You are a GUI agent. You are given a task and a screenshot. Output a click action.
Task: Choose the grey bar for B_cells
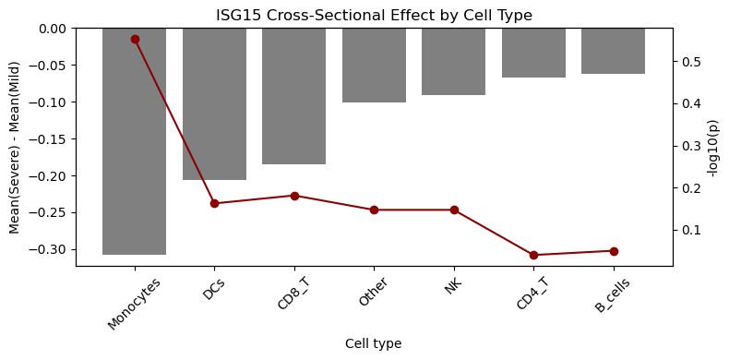coord(614,51)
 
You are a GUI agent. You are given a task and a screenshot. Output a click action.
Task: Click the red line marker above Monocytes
coord(135,40)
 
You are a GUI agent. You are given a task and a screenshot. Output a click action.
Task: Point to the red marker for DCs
coord(214,203)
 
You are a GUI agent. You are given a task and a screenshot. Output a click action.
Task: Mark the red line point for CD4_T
coord(533,255)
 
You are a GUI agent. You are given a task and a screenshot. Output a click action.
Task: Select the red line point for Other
coord(374,210)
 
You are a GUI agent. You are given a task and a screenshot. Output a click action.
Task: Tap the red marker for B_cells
coord(614,251)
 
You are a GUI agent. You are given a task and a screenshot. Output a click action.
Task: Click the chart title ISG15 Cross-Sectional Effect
coord(374,16)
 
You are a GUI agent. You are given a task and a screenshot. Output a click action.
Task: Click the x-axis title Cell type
coord(374,343)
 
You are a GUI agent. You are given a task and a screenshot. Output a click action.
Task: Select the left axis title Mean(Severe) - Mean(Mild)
coord(15,147)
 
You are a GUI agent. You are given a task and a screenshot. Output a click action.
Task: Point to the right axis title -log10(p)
coord(711,147)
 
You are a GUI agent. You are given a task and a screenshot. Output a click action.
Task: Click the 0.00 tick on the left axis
coord(54,29)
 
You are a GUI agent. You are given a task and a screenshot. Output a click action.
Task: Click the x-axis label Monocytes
coord(135,303)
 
